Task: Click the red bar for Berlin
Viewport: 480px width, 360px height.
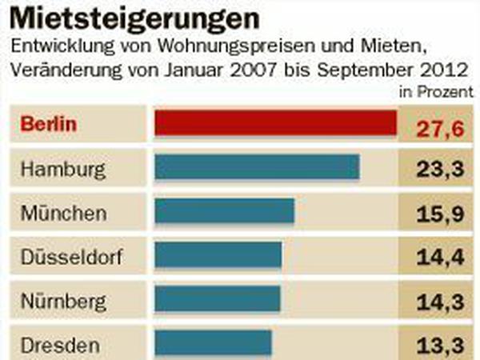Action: pos(276,122)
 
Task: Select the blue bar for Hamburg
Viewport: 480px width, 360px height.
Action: pos(257,167)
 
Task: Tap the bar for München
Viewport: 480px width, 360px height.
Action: pos(225,211)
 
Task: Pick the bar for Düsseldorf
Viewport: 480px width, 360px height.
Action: pos(218,255)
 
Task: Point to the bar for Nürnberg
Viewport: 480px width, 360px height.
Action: pos(218,299)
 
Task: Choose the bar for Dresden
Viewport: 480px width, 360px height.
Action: pos(214,343)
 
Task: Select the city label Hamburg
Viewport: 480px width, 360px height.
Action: pos(62,170)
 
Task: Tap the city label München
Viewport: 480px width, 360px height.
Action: pos(63,214)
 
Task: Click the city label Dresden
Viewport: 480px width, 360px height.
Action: pos(61,346)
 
